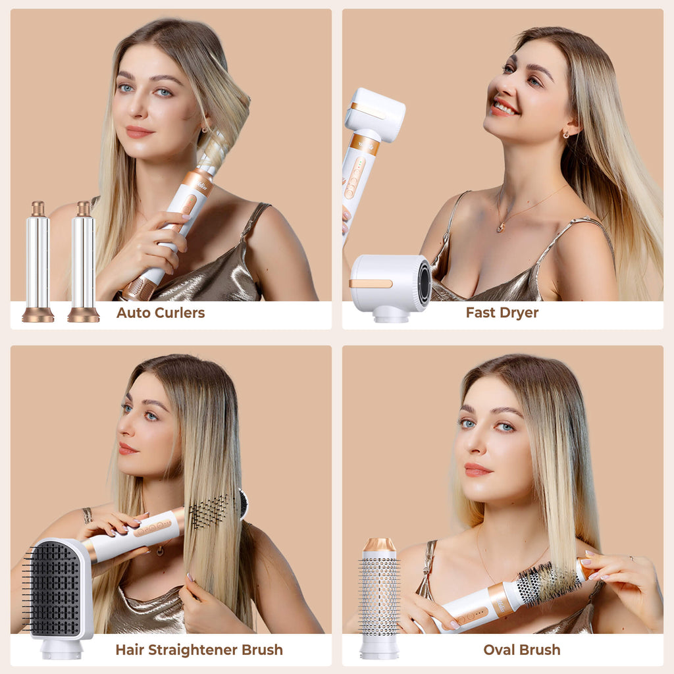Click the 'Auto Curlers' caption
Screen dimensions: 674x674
(x=161, y=313)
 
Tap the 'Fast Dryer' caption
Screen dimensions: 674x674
(x=502, y=313)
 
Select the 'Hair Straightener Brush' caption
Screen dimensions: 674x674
(x=199, y=650)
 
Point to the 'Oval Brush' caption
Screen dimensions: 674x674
(x=521, y=650)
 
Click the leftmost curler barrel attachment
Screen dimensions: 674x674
(x=38, y=262)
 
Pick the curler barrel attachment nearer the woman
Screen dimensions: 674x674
(x=84, y=262)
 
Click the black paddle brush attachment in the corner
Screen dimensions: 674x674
(x=59, y=598)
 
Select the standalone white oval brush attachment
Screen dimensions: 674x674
(x=379, y=598)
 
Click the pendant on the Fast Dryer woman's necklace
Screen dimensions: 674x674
(x=500, y=227)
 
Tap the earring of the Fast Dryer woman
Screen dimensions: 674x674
(x=566, y=135)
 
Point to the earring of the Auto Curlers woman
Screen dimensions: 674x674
(x=205, y=129)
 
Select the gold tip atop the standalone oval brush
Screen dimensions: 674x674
(x=379, y=545)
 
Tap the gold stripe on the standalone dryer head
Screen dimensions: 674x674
(x=371, y=284)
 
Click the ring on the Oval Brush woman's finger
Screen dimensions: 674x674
(x=631, y=558)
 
